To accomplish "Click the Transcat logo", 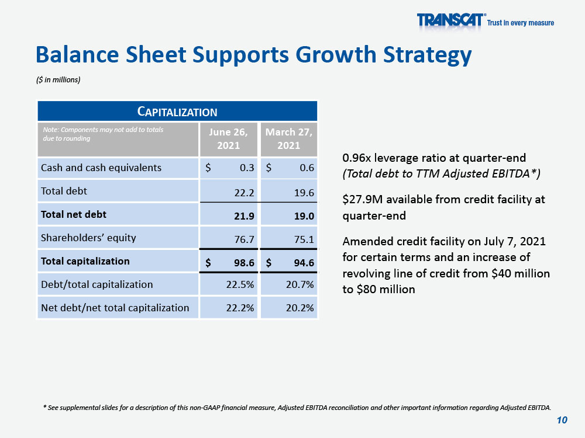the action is pyautogui.click(x=485, y=20).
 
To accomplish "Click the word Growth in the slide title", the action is pyautogui.click(x=336, y=54).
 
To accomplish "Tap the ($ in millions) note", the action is pyautogui.click(x=58, y=79).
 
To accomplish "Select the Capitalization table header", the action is pyautogui.click(x=177, y=112).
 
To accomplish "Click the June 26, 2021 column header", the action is pyautogui.click(x=228, y=138).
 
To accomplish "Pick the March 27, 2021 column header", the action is pyautogui.click(x=289, y=138).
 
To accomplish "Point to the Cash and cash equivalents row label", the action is pyautogui.click(x=101, y=168).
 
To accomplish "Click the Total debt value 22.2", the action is pyautogui.click(x=244, y=193).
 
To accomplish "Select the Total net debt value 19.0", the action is pyautogui.click(x=304, y=216).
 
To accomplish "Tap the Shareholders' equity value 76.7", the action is pyautogui.click(x=244, y=239).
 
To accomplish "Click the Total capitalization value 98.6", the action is pyautogui.click(x=244, y=263).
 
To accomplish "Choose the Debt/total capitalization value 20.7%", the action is pyautogui.click(x=300, y=284).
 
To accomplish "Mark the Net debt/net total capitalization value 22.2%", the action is pyautogui.click(x=240, y=308).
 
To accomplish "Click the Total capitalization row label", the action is pyautogui.click(x=85, y=261).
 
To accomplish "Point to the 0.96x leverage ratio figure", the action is pyautogui.click(x=357, y=158).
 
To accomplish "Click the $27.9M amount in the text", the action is pyautogui.click(x=363, y=200).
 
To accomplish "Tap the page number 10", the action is pyautogui.click(x=562, y=420).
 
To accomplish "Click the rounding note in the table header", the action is pyautogui.click(x=103, y=134).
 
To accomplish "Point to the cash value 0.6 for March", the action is pyautogui.click(x=307, y=168).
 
